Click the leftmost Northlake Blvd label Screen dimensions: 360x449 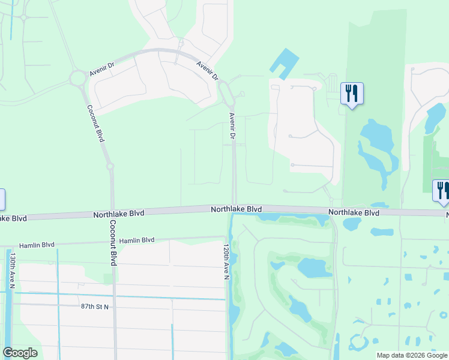tap(119, 214)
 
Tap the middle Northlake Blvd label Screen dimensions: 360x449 tap(236, 209)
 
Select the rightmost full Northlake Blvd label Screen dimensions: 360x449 tap(354, 212)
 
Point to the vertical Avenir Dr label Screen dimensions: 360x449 tap(232, 127)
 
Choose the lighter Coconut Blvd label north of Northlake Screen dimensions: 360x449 tap(96, 124)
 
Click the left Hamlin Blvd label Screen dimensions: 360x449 tap(37, 245)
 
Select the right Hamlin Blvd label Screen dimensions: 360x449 tap(137, 240)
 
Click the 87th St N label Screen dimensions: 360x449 tap(94, 307)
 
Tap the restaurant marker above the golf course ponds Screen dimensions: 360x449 tap(351, 94)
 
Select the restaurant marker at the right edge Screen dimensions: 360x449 tap(441, 190)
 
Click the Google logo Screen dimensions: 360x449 tap(20, 353)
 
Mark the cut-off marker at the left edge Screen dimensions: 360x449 tap(2, 199)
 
